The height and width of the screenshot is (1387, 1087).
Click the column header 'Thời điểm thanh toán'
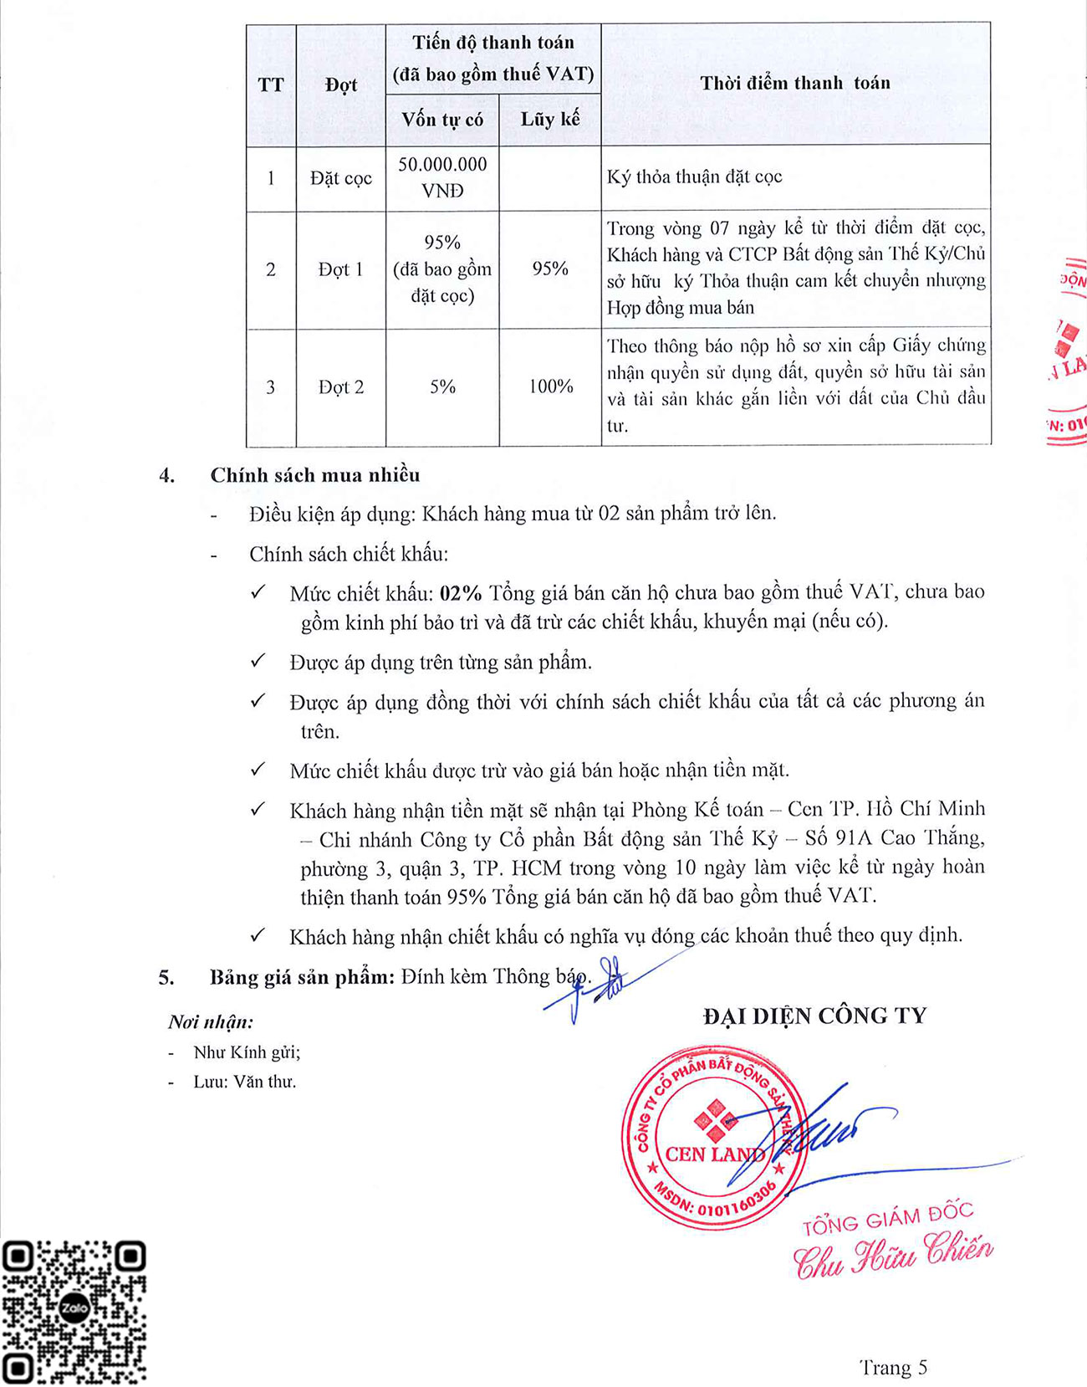pyautogui.click(x=795, y=83)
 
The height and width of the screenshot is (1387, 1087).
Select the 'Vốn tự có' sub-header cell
pyautogui.click(x=442, y=120)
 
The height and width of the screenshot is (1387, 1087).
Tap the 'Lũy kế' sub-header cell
pyautogui.click(x=550, y=120)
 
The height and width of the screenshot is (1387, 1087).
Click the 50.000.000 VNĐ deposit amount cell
pyautogui.click(x=442, y=177)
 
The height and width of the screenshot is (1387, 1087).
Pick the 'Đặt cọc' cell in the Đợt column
pyautogui.click(x=340, y=178)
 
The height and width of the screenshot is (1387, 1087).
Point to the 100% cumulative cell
pyautogui.click(x=550, y=386)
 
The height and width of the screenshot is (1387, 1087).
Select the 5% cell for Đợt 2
pyautogui.click(x=442, y=386)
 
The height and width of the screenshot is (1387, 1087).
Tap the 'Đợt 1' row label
pyautogui.click(x=340, y=269)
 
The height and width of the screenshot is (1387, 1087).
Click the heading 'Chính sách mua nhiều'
pyautogui.click(x=315, y=475)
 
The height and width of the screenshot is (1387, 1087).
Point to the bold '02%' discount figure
pyautogui.click(x=461, y=593)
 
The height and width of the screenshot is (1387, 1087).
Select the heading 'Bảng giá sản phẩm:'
pyautogui.click(x=302, y=977)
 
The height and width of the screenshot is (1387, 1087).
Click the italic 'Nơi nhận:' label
pyautogui.click(x=211, y=1021)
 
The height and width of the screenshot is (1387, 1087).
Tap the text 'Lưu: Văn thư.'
pyautogui.click(x=245, y=1082)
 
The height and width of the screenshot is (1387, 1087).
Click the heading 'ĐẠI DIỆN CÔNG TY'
pyautogui.click(x=814, y=1016)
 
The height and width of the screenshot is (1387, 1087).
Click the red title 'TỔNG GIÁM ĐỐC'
pyautogui.click(x=887, y=1219)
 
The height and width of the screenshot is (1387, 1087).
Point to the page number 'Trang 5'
pyautogui.click(x=893, y=1367)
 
